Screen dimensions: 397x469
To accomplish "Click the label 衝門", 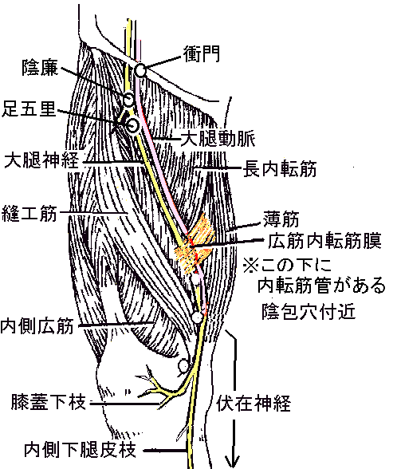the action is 202,54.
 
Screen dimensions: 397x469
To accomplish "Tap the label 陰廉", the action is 41,68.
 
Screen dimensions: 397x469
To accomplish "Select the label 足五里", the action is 29,108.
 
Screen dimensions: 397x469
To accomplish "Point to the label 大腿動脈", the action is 218,139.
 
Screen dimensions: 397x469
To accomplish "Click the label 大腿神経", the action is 41,160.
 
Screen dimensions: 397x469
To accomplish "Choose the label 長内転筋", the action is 280,169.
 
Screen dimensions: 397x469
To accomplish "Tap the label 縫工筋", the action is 29,214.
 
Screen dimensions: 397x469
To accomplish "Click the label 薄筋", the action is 281,219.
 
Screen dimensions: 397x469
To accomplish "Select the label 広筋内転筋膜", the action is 324,241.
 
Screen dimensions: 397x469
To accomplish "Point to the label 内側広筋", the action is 37,326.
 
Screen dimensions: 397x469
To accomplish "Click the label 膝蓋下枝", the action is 49,402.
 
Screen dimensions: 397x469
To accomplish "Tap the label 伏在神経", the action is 254,404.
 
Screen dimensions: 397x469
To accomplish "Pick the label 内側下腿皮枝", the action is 80,450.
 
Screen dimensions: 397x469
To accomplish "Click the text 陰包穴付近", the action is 309,311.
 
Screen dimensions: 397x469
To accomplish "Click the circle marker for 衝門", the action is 140,70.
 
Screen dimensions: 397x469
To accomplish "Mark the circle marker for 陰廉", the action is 129,99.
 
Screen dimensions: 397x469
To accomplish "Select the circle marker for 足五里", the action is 132,125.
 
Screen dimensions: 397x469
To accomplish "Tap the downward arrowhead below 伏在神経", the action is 233,461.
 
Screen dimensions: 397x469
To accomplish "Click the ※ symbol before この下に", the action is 250,265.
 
